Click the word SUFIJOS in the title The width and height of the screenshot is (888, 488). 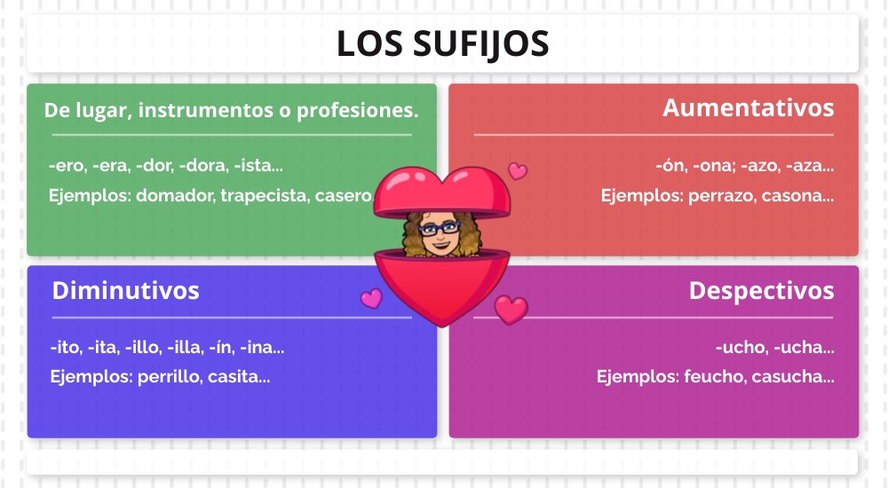pyautogui.click(x=480, y=43)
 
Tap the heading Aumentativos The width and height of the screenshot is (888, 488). pyautogui.click(x=748, y=107)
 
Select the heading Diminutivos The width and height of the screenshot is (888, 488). pyautogui.click(x=126, y=290)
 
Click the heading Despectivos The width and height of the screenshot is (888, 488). pyautogui.click(x=761, y=290)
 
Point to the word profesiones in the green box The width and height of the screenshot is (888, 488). pyautogui.click(x=357, y=110)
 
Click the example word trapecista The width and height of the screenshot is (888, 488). pyautogui.click(x=264, y=195)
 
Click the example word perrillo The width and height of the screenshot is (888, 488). pyautogui.click(x=169, y=376)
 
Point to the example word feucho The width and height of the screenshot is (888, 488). pyautogui.click(x=715, y=376)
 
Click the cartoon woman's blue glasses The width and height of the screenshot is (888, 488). pyautogui.click(x=439, y=229)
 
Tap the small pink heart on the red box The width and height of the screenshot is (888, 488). pyautogui.click(x=518, y=171)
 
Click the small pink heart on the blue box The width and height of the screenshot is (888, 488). pyautogui.click(x=371, y=298)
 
